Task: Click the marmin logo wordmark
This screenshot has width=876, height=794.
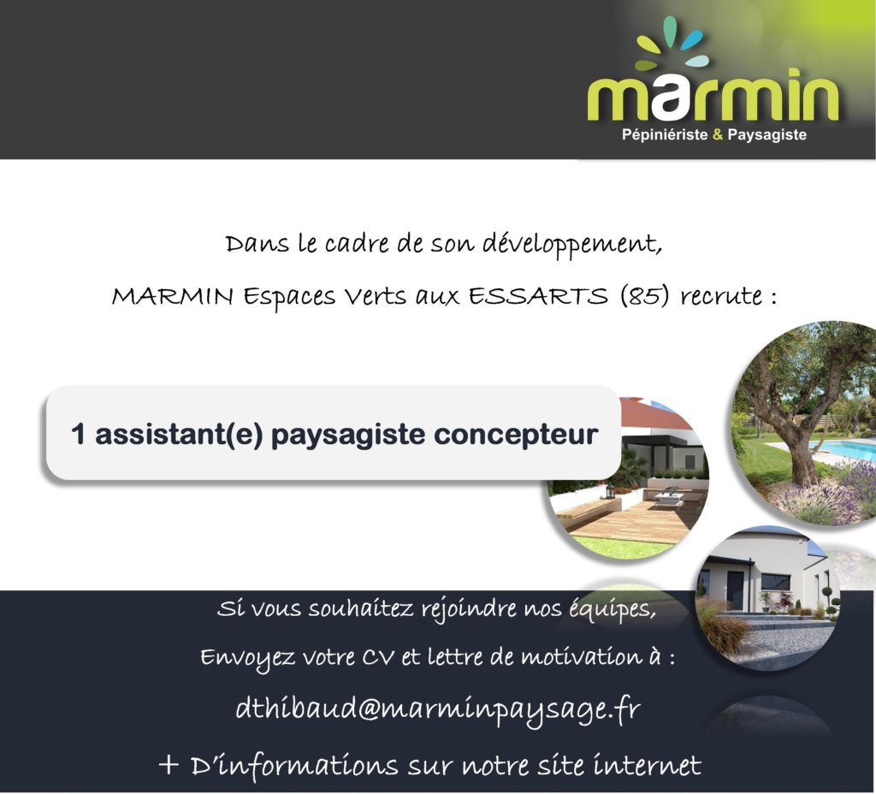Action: click(713, 95)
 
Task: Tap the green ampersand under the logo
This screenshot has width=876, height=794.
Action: click(718, 134)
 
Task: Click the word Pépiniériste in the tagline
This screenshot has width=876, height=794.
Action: click(665, 134)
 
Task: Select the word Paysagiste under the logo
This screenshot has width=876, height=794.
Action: click(767, 135)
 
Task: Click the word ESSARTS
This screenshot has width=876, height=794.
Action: click(537, 295)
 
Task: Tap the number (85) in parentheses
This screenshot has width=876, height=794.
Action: click(644, 295)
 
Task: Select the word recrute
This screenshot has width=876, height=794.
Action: click(720, 295)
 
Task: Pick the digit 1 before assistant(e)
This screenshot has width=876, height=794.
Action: click(78, 434)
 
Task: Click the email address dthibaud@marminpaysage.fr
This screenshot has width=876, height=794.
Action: click(438, 709)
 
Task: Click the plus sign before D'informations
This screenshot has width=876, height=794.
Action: click(169, 765)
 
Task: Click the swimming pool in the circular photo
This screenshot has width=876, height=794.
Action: click(843, 449)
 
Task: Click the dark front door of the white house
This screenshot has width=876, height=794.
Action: click(735, 590)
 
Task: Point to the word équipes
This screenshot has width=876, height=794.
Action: click(613, 609)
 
